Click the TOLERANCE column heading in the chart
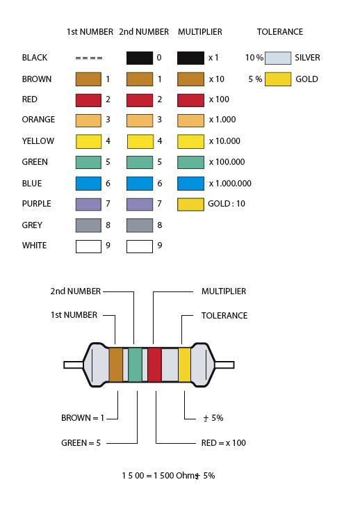point(280,32)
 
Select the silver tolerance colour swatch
point(278,58)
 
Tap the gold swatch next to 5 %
point(278,79)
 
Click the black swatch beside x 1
point(190,58)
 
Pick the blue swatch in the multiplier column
point(190,183)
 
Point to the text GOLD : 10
point(227,204)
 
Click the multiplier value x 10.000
point(224,141)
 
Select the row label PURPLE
point(36,204)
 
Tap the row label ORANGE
point(38,120)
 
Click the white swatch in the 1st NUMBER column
point(88,246)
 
